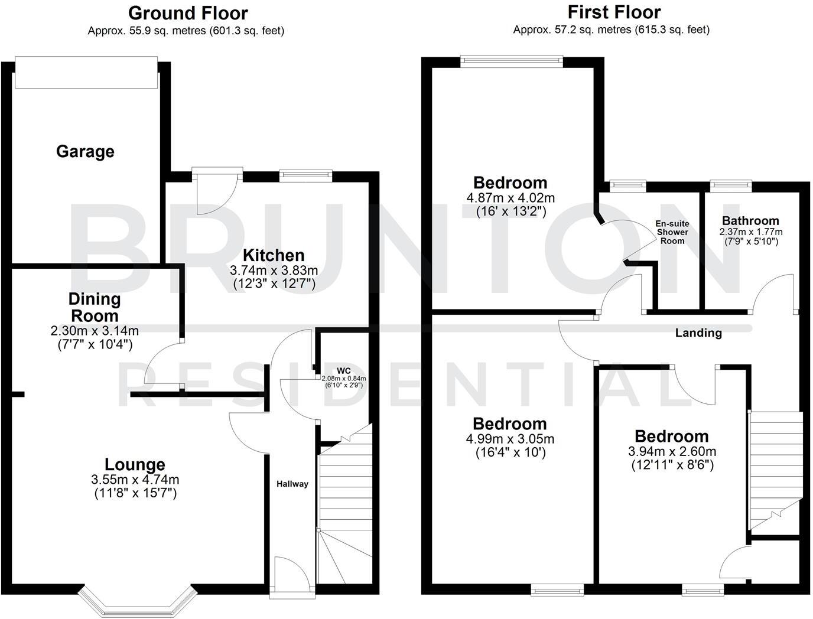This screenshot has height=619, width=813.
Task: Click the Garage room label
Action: click(85, 152)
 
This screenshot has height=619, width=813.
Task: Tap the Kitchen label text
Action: click(274, 255)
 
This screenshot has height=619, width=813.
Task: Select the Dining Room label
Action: click(95, 307)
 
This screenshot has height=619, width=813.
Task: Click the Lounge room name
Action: click(135, 465)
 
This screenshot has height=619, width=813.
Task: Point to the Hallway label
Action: click(292, 484)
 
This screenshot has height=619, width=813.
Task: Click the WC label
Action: click(344, 371)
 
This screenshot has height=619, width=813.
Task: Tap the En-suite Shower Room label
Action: click(672, 232)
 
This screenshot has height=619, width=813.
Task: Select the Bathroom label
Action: click(750, 221)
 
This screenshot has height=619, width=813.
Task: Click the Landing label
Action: click(698, 333)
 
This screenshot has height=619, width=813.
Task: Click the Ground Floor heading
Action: click(188, 12)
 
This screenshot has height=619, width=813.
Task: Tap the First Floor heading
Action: click(614, 12)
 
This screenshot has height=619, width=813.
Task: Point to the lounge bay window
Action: click(136, 600)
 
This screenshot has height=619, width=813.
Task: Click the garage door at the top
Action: click(86, 73)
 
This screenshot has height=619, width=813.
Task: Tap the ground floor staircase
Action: click(346, 508)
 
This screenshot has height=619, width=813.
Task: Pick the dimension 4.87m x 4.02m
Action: click(510, 198)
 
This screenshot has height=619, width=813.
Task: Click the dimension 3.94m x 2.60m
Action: click(672, 452)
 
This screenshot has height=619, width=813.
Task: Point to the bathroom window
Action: click(730, 185)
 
